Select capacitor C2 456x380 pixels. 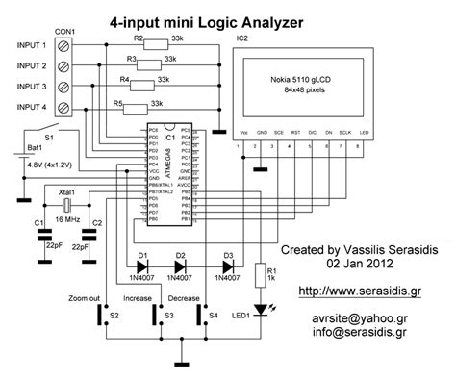93,232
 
